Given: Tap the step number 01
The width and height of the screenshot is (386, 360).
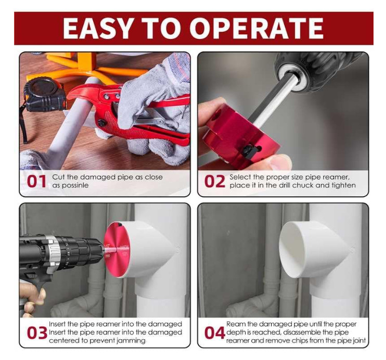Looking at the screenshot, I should [x=35, y=182].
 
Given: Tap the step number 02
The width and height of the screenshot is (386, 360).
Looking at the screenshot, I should [x=214, y=182].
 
